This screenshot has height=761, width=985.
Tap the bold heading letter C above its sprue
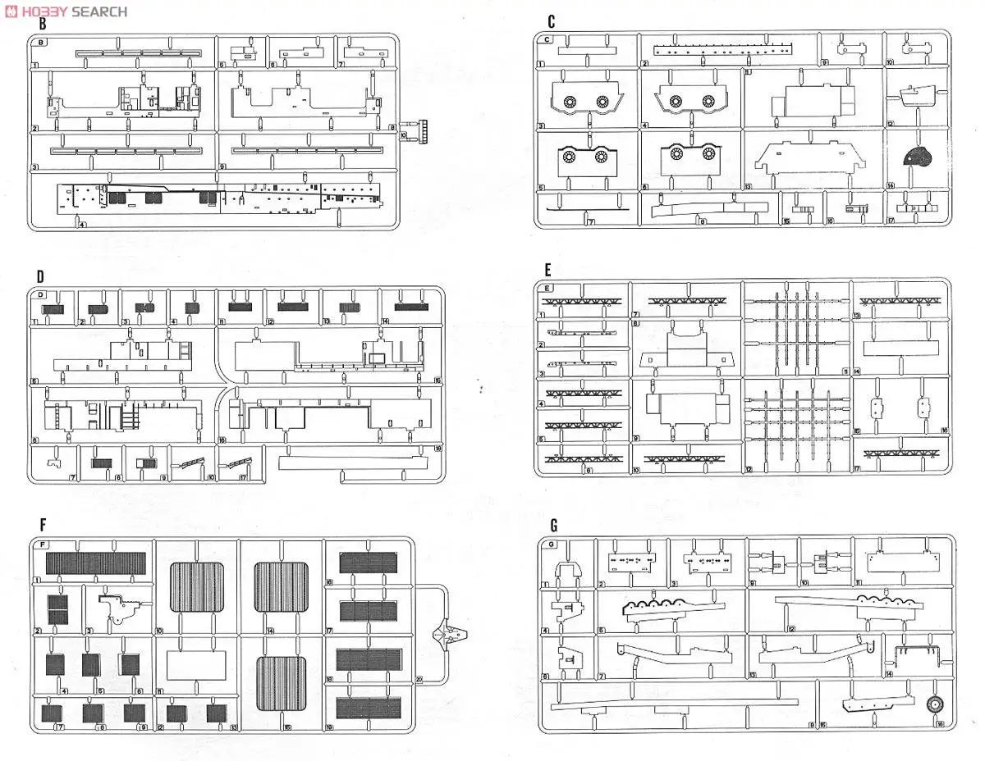552,23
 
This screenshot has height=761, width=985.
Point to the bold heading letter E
547,270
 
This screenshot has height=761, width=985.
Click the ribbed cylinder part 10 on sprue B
424,130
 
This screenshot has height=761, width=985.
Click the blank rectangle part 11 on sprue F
195,664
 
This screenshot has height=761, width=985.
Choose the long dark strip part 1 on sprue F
95,563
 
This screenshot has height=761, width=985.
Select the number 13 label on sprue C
748,186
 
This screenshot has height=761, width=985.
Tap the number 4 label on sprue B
80,223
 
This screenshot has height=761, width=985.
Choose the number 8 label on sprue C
702,221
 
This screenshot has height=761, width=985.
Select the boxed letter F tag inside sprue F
43,544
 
